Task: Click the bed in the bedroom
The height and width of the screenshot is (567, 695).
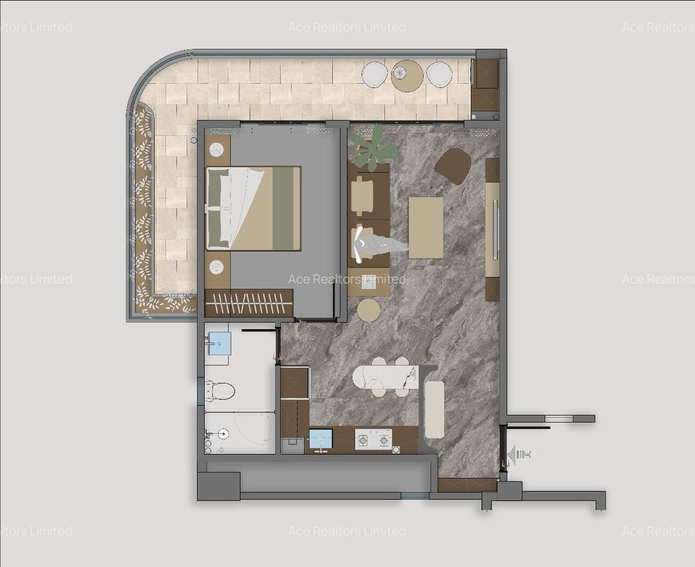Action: click(x=253, y=208)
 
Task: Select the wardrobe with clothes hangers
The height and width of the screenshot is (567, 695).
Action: click(x=249, y=304)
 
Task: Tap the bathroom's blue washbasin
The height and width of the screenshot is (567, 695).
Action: click(x=219, y=344)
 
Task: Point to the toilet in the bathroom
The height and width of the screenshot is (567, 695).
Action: click(x=220, y=392)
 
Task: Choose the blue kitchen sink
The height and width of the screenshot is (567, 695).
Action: click(x=321, y=438)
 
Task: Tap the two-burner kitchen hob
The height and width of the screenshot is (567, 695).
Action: click(x=373, y=439)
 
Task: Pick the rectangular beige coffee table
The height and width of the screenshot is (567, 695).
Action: click(x=426, y=227)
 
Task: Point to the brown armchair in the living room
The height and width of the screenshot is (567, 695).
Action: click(x=453, y=166)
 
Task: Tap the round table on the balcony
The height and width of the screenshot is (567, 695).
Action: click(x=407, y=76)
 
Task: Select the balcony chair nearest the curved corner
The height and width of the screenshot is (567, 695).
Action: click(x=375, y=74)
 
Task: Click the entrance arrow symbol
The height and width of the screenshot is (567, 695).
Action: click(x=511, y=454)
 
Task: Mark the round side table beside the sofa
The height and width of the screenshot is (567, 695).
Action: click(x=369, y=310)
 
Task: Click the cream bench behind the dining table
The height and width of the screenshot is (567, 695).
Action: click(x=434, y=409)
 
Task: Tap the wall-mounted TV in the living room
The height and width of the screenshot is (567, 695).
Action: click(x=495, y=229)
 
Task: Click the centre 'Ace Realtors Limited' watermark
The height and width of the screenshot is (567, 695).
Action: click(x=347, y=279)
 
